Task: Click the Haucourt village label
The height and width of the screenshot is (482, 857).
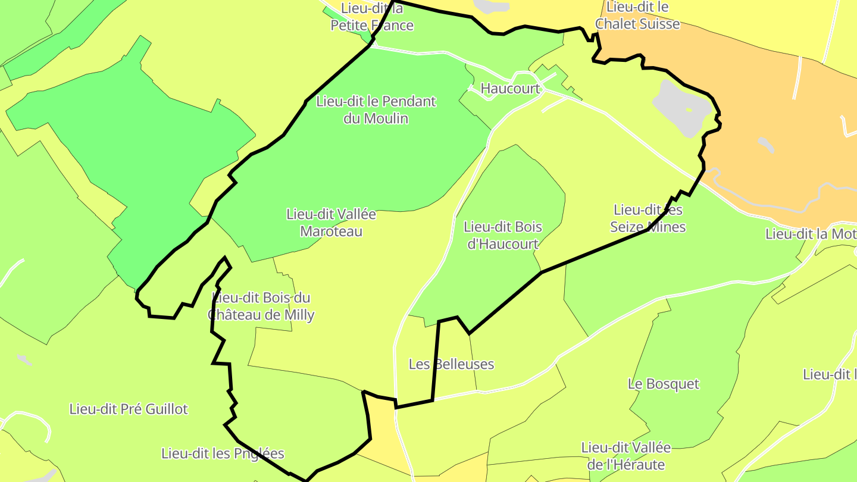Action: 510,89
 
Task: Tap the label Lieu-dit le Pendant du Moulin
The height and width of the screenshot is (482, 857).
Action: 376,109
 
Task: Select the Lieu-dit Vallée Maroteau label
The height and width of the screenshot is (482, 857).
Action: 331,223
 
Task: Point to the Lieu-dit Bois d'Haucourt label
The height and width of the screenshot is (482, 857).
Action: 503,235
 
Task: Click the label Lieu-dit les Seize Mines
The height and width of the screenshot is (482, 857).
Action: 648,218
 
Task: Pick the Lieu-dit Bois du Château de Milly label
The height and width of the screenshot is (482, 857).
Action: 261,306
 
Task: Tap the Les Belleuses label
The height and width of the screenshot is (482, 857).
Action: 451,364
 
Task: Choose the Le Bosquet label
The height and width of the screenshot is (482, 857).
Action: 664,384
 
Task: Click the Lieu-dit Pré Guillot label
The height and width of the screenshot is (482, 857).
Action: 129,409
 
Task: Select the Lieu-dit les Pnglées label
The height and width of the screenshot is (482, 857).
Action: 223,453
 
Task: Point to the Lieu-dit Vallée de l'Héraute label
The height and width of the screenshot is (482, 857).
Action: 625,456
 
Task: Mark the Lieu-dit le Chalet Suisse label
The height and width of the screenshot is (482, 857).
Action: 637,16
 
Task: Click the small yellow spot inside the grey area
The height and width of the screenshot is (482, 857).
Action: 689,109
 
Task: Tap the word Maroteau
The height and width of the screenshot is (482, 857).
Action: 331,231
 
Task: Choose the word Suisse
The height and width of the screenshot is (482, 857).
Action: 658,24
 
